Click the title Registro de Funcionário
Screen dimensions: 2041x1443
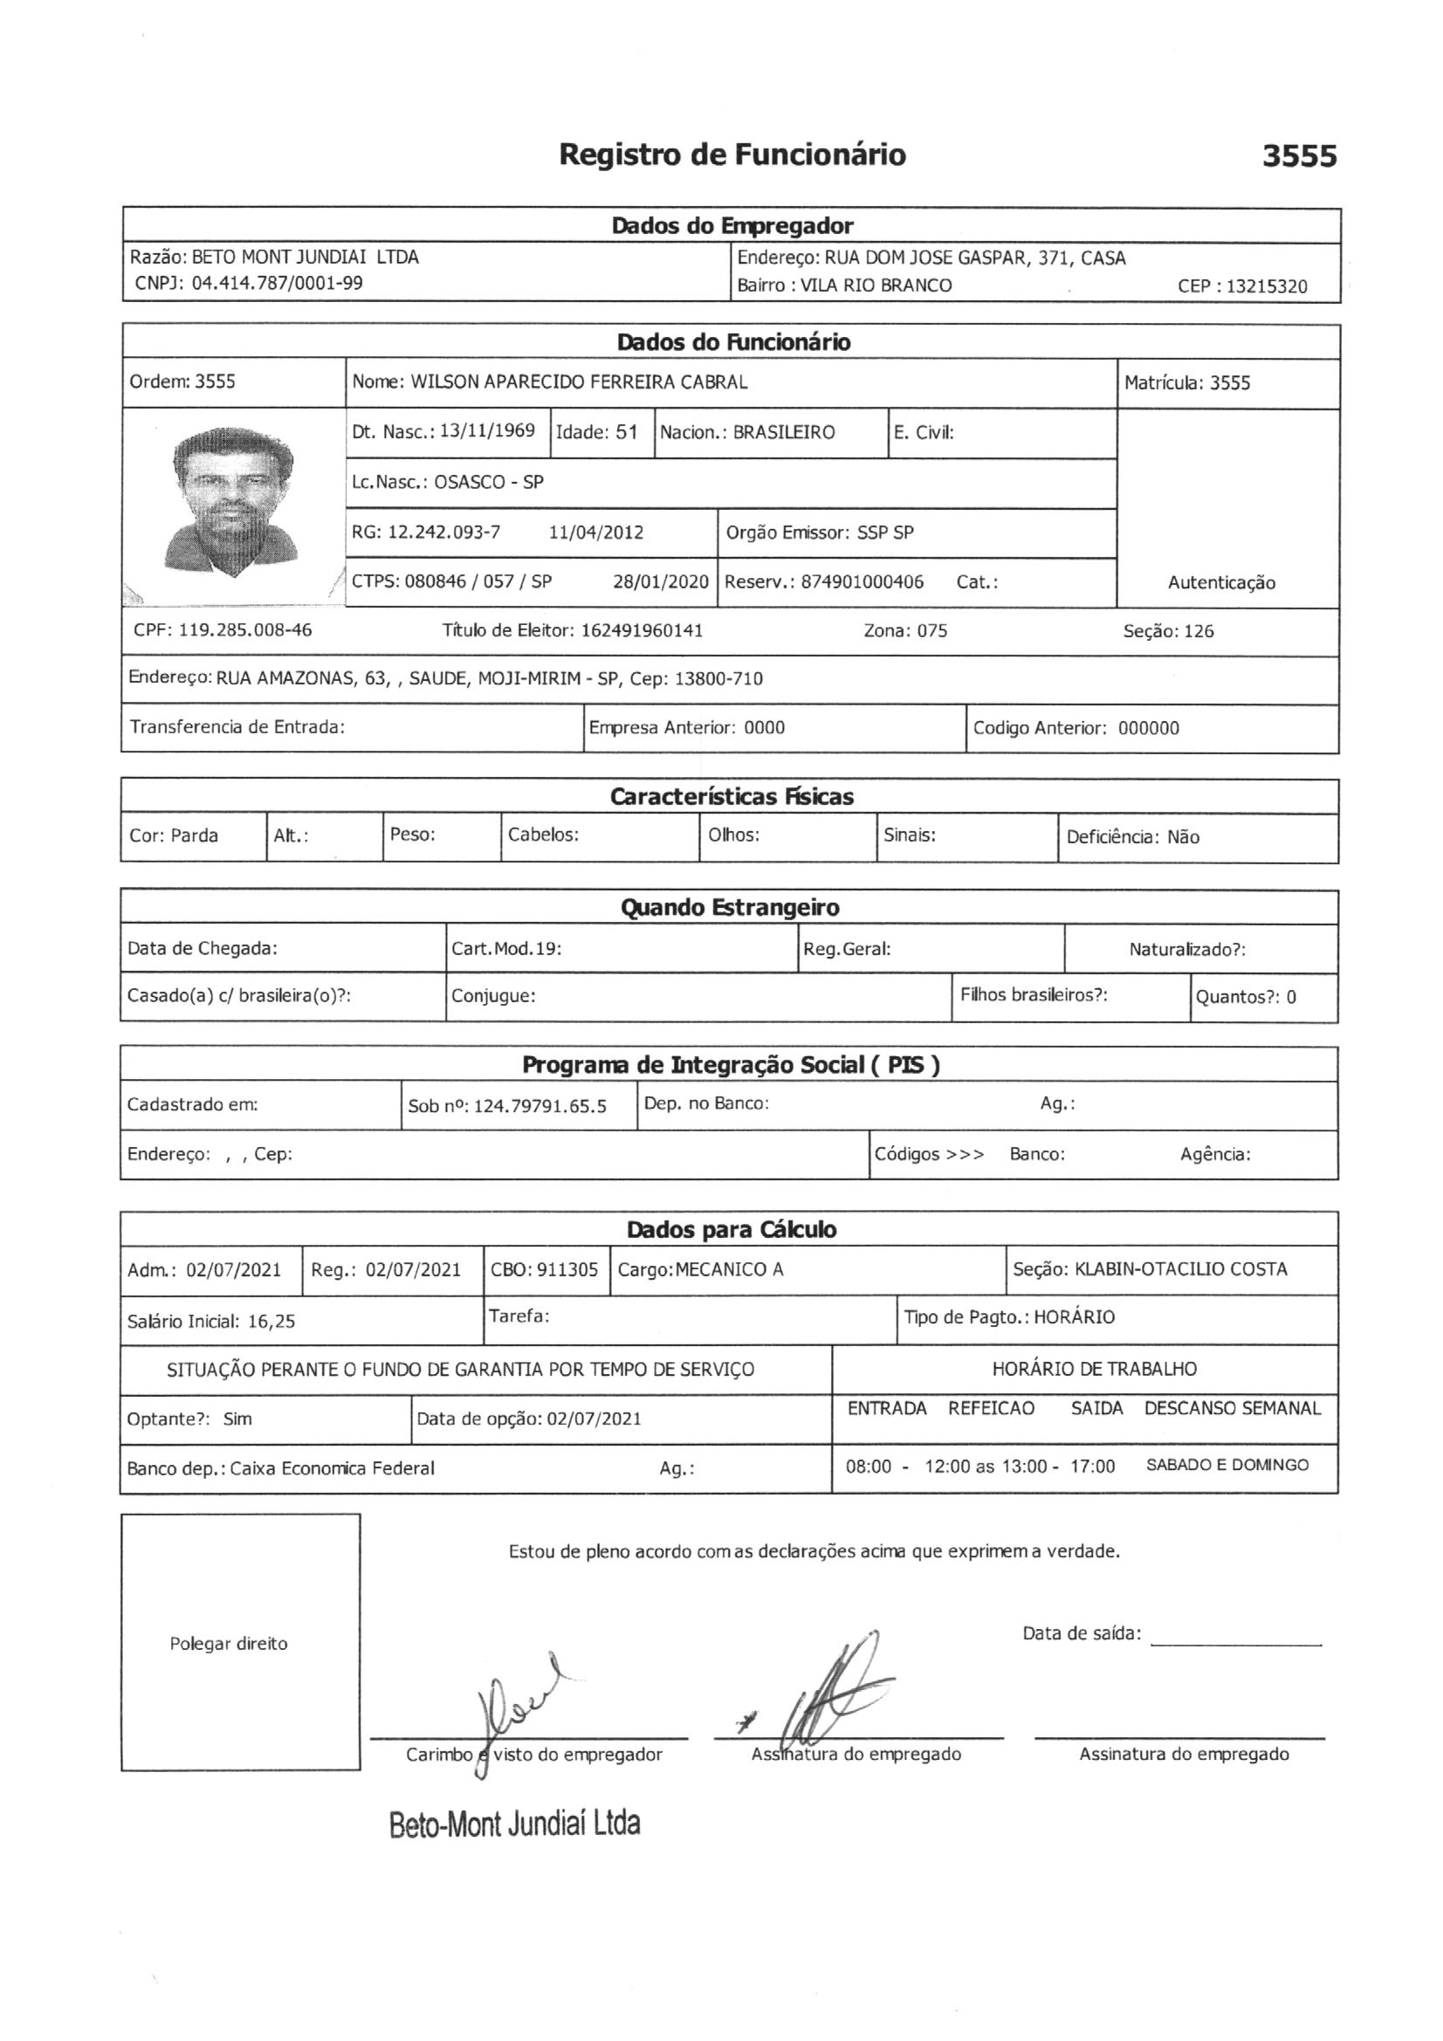(732, 155)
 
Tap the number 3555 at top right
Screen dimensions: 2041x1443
(1299, 156)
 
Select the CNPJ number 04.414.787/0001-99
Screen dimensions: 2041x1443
(278, 284)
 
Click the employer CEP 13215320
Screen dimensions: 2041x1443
(1266, 286)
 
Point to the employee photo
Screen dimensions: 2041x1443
(233, 502)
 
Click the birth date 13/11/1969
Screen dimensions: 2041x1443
(487, 431)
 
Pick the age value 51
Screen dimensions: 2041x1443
(626, 433)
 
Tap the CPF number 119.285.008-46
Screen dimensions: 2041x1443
(245, 630)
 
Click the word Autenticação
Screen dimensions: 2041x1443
(1220, 583)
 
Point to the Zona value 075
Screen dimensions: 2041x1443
(931, 631)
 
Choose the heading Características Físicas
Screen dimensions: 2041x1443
(731, 796)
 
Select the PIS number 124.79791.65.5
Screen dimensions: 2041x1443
(539, 1107)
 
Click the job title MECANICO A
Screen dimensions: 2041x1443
(729, 1269)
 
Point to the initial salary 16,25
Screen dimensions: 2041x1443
(271, 1321)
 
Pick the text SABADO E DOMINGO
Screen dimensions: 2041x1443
(1227, 1465)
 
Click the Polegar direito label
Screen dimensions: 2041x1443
(229, 1644)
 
